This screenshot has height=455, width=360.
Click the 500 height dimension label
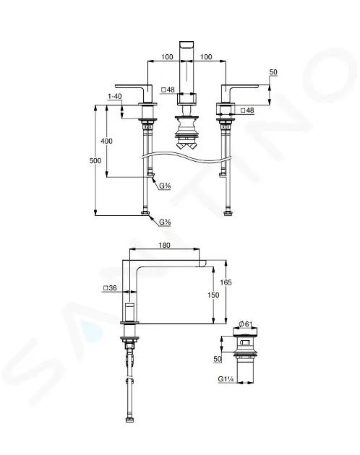[x=95, y=161]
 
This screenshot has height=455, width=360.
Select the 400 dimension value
[x=106, y=142]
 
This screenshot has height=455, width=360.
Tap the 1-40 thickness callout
[x=115, y=96]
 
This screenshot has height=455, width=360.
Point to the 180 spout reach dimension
[x=164, y=246]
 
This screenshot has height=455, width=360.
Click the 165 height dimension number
[x=226, y=282]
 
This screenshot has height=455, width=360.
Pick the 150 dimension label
[x=213, y=295]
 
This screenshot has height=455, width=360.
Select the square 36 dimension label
[x=110, y=288]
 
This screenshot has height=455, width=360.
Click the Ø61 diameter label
[x=245, y=324]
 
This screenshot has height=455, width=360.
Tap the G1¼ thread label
[x=226, y=379]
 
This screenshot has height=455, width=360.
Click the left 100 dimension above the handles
[x=167, y=57]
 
